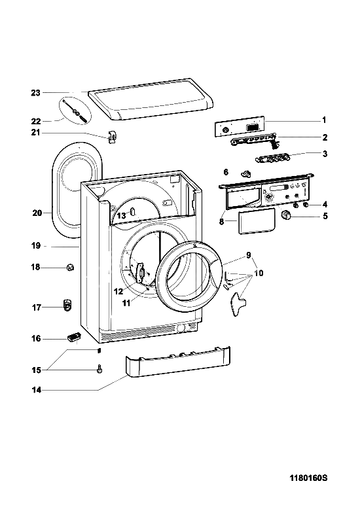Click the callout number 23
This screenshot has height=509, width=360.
click(35, 93)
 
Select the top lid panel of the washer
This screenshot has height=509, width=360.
click(151, 99)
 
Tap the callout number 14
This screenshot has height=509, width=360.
click(37, 390)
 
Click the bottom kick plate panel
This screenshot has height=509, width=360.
click(178, 362)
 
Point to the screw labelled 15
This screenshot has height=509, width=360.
click(99, 369)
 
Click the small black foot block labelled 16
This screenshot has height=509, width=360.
click(73, 338)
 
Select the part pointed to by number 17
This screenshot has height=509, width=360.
click(67, 304)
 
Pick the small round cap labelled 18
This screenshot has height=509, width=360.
click(70, 268)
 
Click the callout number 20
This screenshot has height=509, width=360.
click(37, 213)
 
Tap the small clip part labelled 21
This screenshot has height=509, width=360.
click(112, 137)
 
